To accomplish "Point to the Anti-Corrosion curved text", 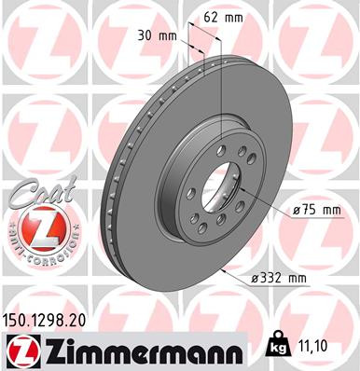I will coord(37,253).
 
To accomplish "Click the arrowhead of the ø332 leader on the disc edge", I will coord(224,270).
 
